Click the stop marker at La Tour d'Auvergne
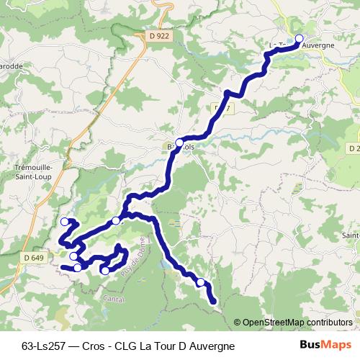[300, 40]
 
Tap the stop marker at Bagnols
[179, 142]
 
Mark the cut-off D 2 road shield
[354, 148]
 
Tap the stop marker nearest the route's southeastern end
[201, 283]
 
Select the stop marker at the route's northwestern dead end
[65, 222]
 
